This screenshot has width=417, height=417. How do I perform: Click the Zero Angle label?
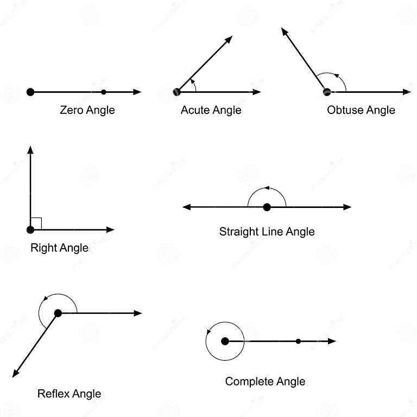(87, 110)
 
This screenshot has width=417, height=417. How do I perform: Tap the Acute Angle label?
(211, 110)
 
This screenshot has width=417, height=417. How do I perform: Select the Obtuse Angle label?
(361, 110)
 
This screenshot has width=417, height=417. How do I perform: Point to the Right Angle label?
(59, 248)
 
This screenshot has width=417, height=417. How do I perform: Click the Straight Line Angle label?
(267, 232)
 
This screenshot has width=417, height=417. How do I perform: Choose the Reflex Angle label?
(69, 394)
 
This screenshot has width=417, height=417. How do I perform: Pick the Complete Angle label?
(265, 381)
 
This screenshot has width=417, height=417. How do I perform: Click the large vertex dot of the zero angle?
(30, 92)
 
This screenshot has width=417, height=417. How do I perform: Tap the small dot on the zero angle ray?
(104, 92)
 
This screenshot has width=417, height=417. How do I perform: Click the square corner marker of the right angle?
(36, 223)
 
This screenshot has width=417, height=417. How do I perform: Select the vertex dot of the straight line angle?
(267, 207)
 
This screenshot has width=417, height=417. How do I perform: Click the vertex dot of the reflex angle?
(58, 313)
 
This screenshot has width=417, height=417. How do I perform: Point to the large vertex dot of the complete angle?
(225, 341)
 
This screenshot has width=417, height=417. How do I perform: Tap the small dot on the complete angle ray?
(298, 341)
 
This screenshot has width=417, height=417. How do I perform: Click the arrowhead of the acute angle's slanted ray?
(229, 40)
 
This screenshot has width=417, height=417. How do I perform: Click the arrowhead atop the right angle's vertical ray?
(30, 150)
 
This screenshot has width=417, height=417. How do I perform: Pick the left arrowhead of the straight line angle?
(186, 207)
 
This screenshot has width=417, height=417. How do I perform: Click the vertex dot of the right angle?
(30, 230)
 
